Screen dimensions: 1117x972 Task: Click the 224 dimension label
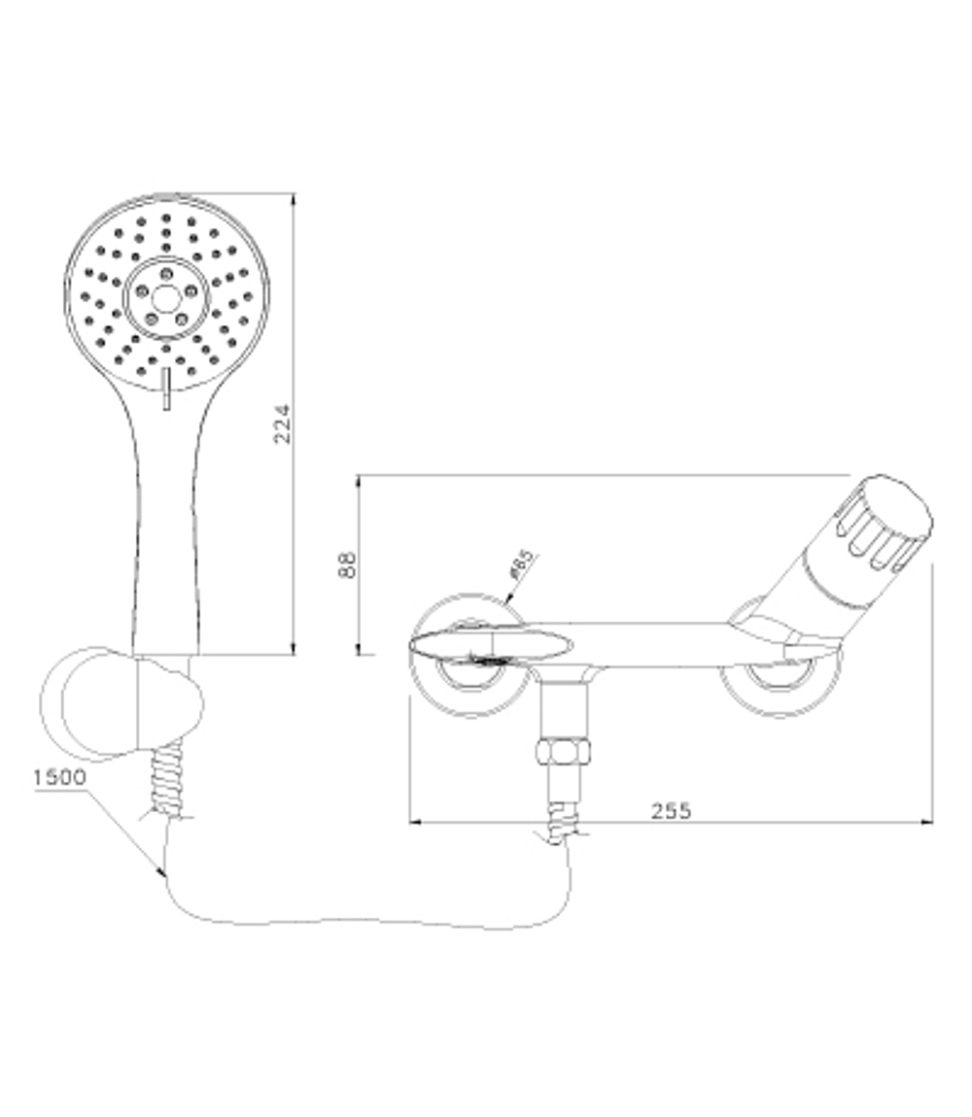pyautogui.click(x=281, y=423)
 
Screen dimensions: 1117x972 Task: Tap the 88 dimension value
pyautogui.click(x=347, y=564)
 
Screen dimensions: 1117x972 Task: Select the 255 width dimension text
pyautogui.click(x=671, y=810)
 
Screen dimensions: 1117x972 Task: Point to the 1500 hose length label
pyautogui.click(x=59, y=777)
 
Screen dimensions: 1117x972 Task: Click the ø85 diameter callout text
pyautogui.click(x=521, y=565)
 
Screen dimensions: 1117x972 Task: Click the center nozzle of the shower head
pyautogui.click(x=166, y=297)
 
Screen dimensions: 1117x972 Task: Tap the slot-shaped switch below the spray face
pyautogui.click(x=166, y=389)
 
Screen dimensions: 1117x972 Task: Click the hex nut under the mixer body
pyautogui.click(x=565, y=753)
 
